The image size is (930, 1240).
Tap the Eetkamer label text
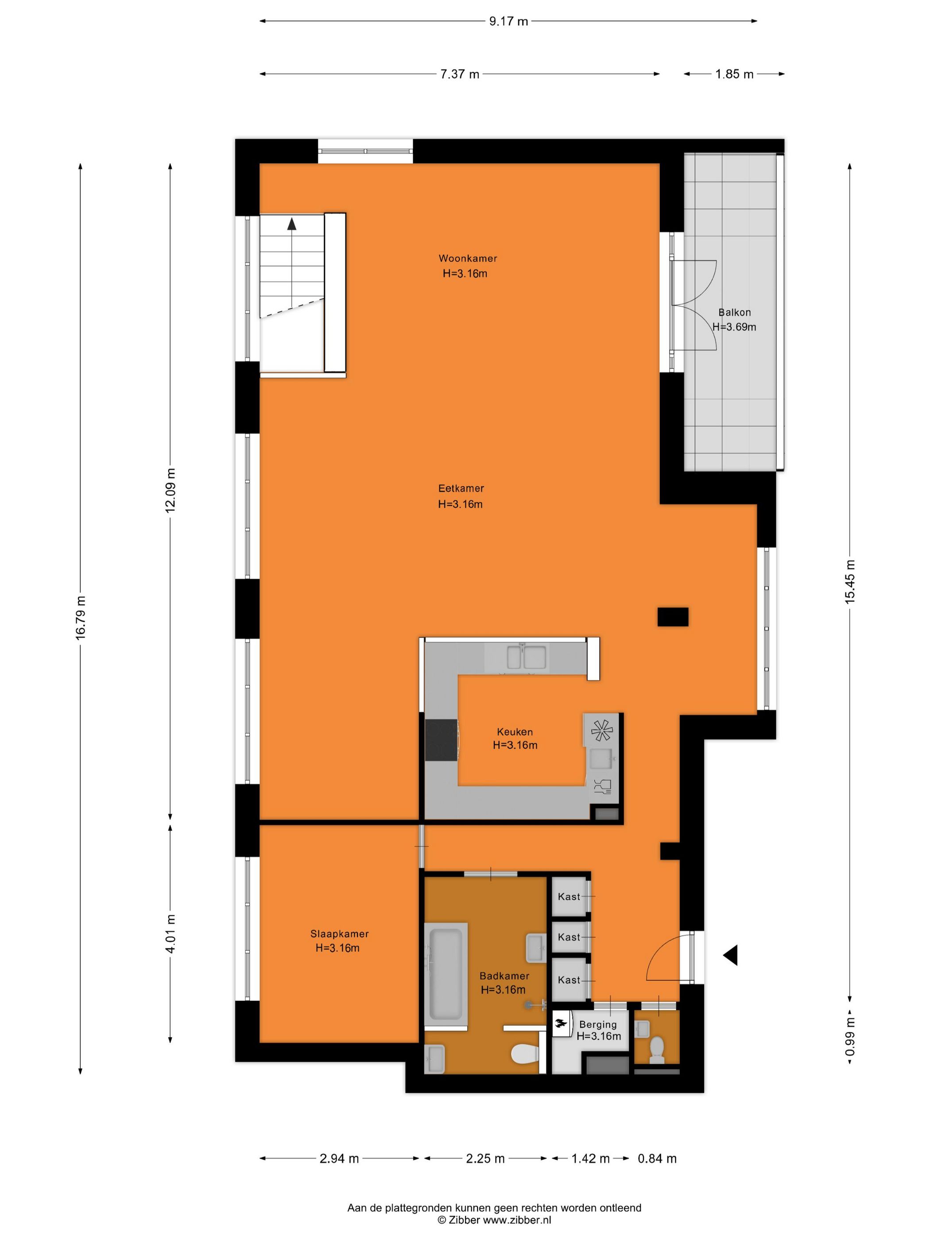(x=461, y=488)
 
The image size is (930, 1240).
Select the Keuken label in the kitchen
(x=514, y=732)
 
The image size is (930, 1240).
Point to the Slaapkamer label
(x=339, y=934)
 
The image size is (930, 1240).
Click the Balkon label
(x=734, y=312)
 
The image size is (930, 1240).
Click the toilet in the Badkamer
(x=525, y=1054)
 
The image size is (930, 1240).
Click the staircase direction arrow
(x=291, y=224)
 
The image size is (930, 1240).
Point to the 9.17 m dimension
(x=508, y=21)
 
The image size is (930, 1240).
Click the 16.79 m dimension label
(x=81, y=616)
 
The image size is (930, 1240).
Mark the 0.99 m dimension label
(x=850, y=1038)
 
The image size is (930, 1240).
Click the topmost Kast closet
(x=569, y=897)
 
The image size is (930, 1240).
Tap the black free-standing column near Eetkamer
(x=672, y=616)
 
